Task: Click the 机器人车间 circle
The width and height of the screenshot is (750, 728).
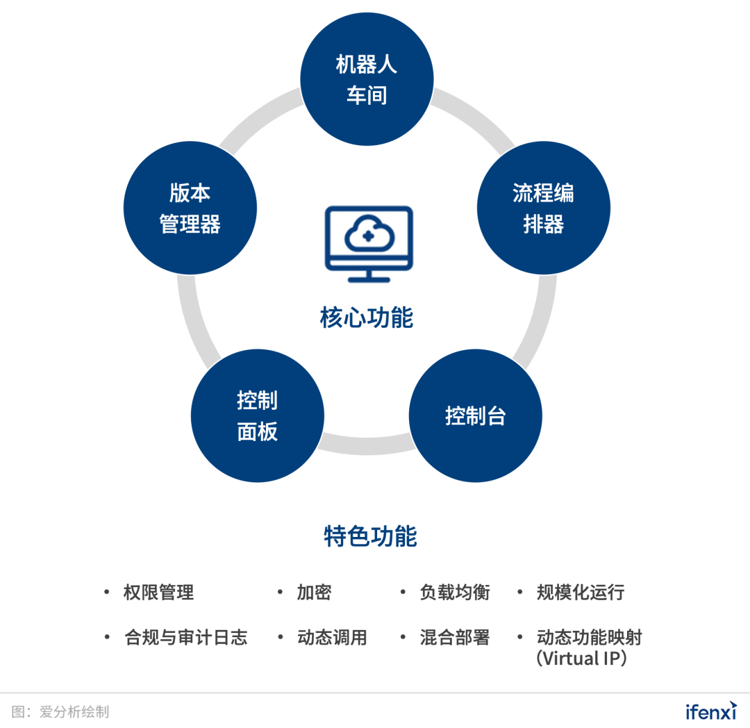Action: pyautogui.click(x=367, y=79)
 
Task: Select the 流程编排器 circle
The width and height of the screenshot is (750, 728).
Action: pyautogui.click(x=543, y=208)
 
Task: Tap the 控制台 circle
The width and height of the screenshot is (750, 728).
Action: pyautogui.click(x=475, y=416)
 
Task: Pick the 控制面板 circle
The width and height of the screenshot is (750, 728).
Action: pyautogui.click(x=258, y=416)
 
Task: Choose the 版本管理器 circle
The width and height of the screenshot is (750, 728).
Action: pyautogui.click(x=190, y=208)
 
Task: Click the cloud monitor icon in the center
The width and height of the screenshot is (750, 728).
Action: pyautogui.click(x=369, y=243)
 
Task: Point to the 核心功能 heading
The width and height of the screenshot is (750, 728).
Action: pyautogui.click(x=367, y=317)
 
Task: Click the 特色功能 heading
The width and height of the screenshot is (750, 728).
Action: pyautogui.click(x=370, y=536)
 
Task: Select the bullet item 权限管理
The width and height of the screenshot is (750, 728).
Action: pyautogui.click(x=158, y=593)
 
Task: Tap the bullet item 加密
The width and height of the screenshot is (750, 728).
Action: pyautogui.click(x=314, y=593)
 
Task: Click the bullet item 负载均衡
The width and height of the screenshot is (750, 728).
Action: pyautogui.click(x=455, y=593)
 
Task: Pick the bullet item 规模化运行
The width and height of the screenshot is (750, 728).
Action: pyautogui.click(x=581, y=593)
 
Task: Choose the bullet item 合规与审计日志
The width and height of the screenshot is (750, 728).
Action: pyautogui.click(x=185, y=638)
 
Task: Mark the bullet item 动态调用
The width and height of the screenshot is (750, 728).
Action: pyautogui.click(x=332, y=638)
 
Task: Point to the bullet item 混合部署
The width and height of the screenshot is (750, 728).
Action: pyautogui.click(x=455, y=638)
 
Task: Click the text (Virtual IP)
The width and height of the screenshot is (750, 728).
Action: pyautogui.click(x=582, y=658)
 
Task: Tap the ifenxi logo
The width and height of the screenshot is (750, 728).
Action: pyautogui.click(x=710, y=711)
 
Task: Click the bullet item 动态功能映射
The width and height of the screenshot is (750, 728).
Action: pyautogui.click(x=590, y=638)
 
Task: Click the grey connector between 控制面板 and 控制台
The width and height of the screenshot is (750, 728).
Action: pyautogui.click(x=366, y=445)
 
